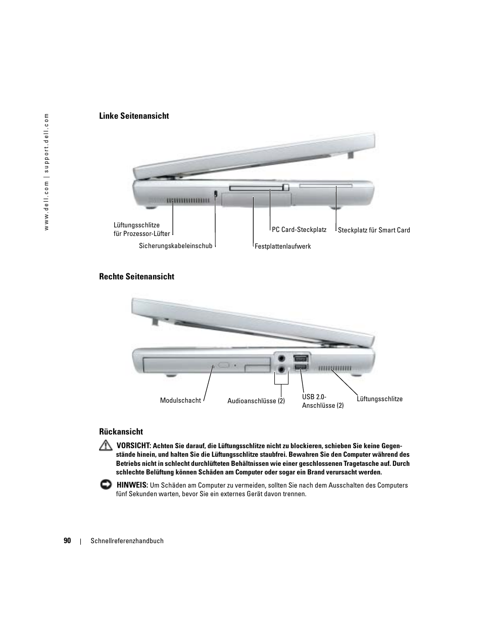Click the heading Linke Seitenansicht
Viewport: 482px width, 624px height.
click(x=134, y=116)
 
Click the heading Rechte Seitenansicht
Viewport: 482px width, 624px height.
click(x=136, y=276)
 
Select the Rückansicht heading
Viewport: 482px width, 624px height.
click(x=121, y=431)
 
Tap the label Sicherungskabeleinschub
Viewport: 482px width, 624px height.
click(x=176, y=246)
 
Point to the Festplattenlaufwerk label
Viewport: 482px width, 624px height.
click(x=283, y=247)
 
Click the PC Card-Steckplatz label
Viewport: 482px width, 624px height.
click(x=299, y=230)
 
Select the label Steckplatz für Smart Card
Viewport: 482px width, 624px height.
click(x=374, y=230)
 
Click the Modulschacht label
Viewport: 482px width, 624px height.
click(x=180, y=401)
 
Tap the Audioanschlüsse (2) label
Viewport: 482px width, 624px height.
click(x=256, y=401)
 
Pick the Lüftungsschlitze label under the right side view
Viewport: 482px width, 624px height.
click(x=379, y=399)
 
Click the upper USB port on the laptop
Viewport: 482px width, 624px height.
click(x=300, y=358)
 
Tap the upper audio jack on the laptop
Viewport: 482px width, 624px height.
click(x=281, y=357)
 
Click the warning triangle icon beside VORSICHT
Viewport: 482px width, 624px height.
click(x=106, y=446)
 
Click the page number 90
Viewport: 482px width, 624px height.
click(x=67, y=541)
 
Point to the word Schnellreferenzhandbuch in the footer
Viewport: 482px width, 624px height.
click(x=127, y=541)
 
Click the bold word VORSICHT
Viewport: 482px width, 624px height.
click(x=134, y=446)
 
